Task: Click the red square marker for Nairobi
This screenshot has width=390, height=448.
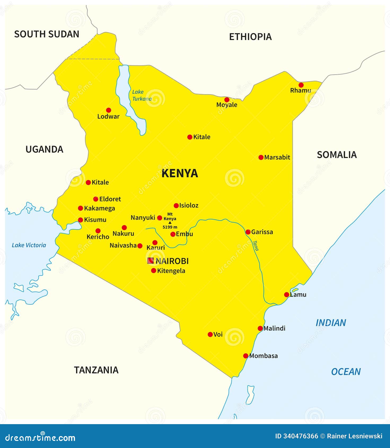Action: (x=150, y=261)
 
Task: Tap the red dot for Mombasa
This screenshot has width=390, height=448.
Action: (x=246, y=356)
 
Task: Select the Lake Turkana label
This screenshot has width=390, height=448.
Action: (x=142, y=95)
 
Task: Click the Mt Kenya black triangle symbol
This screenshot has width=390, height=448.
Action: (x=170, y=223)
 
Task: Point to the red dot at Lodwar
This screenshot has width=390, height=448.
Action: (x=108, y=110)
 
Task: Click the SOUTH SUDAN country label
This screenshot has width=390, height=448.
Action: (x=47, y=34)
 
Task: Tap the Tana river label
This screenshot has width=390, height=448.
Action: (x=255, y=245)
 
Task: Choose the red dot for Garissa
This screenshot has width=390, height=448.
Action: (x=248, y=232)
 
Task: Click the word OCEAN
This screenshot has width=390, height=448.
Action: (x=346, y=372)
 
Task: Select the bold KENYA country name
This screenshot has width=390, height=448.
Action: (x=180, y=173)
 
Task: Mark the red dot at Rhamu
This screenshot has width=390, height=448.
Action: (x=301, y=85)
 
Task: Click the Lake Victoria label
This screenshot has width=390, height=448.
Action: (x=29, y=245)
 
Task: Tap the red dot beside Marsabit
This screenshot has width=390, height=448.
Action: (x=261, y=157)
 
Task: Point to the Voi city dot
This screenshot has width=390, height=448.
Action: (x=210, y=335)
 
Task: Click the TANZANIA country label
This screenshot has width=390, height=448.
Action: (x=96, y=370)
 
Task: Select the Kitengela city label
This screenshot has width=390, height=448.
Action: (x=171, y=271)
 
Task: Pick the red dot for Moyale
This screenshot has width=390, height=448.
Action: (x=227, y=100)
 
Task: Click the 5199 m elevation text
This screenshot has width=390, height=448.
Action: (x=170, y=227)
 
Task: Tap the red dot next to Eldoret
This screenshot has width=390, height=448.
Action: (x=96, y=199)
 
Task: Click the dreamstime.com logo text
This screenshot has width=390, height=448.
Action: (x=40, y=438)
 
